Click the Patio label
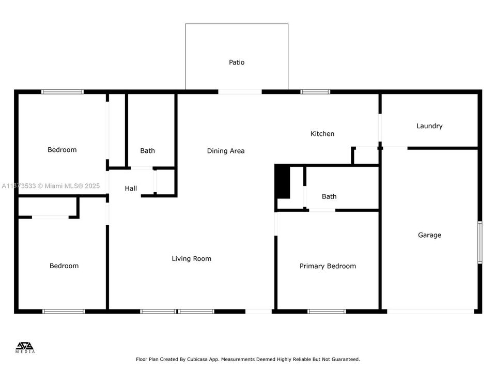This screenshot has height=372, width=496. click(237, 63)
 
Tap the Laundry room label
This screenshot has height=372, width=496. click(429, 126)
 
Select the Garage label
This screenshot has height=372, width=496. click(429, 235)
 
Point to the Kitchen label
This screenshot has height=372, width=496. click(322, 134)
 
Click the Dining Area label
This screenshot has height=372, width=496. click(226, 151)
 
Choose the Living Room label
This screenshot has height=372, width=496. click(191, 259)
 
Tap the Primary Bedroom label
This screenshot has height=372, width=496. click(328, 266)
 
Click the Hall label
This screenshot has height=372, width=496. click(131, 189)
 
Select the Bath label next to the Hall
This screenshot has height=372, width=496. click(147, 151)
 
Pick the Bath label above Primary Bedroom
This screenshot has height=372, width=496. click(329, 196)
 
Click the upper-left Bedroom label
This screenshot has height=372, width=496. click(62, 150)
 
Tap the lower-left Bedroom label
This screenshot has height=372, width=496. click(64, 266)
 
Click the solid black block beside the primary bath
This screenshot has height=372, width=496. click(283, 181)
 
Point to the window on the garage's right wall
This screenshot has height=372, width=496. click(479, 242)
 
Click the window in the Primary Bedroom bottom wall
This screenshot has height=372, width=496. click(327, 312)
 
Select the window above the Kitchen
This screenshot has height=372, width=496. click(315, 92)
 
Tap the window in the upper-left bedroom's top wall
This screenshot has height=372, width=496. click(63, 92)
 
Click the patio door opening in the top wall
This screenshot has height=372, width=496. click(240, 92)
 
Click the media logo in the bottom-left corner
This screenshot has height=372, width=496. click(25, 348)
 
